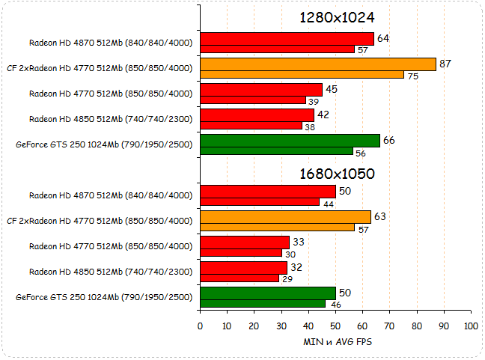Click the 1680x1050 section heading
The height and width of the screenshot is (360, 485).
[x=336, y=174]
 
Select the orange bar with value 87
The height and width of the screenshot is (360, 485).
[x=318, y=64]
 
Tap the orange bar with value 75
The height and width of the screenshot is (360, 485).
[x=302, y=75]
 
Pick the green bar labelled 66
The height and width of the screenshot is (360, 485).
[x=290, y=141]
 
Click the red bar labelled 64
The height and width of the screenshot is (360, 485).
[x=287, y=39]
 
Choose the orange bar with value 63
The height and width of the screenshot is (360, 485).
[x=286, y=217]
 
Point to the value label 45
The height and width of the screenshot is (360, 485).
[x=332, y=90]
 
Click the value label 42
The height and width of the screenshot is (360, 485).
[x=323, y=115]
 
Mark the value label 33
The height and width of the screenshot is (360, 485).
[x=299, y=242]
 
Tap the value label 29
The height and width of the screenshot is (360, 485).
[x=286, y=279]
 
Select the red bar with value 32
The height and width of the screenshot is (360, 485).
[x=244, y=267]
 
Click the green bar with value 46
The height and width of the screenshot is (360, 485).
[x=263, y=304]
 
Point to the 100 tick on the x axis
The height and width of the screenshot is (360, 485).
[x=471, y=326]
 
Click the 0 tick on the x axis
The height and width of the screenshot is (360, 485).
[x=200, y=326]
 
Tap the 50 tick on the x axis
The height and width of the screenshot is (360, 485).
[x=335, y=326]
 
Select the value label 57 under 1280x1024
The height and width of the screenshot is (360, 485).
[x=362, y=50]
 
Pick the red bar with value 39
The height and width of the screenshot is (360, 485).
[x=253, y=100]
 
